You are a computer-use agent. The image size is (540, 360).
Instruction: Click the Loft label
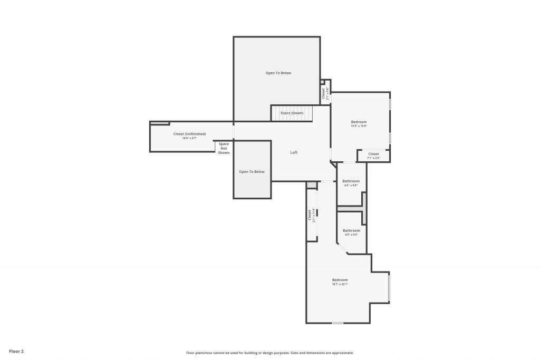(294, 152)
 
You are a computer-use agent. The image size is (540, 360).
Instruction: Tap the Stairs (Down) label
(292, 113)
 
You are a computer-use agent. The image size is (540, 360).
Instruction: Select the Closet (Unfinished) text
(189, 134)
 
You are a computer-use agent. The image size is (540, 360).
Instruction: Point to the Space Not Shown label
(224, 148)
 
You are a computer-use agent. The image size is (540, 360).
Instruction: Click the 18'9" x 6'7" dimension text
(189, 139)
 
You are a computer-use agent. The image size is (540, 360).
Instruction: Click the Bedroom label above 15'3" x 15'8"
(359, 122)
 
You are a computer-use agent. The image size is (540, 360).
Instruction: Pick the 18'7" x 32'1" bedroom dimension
(340, 285)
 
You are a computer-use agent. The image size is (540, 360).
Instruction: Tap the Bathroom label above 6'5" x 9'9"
(351, 181)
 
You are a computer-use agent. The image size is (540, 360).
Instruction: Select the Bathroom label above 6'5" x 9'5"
(351, 230)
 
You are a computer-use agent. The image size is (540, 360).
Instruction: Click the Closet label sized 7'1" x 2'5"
(373, 154)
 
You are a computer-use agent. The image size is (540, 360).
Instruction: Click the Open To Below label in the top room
(278, 73)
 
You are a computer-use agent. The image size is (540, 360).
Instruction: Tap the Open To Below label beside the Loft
(252, 171)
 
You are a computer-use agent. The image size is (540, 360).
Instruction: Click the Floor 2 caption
(16, 351)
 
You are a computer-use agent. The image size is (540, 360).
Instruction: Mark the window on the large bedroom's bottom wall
(337, 323)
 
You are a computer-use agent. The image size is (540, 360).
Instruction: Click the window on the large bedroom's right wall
(389, 288)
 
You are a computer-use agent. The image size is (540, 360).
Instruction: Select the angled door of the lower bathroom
(342, 249)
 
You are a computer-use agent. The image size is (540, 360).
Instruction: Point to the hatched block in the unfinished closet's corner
(160, 123)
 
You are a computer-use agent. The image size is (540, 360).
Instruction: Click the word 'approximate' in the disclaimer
(342, 353)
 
